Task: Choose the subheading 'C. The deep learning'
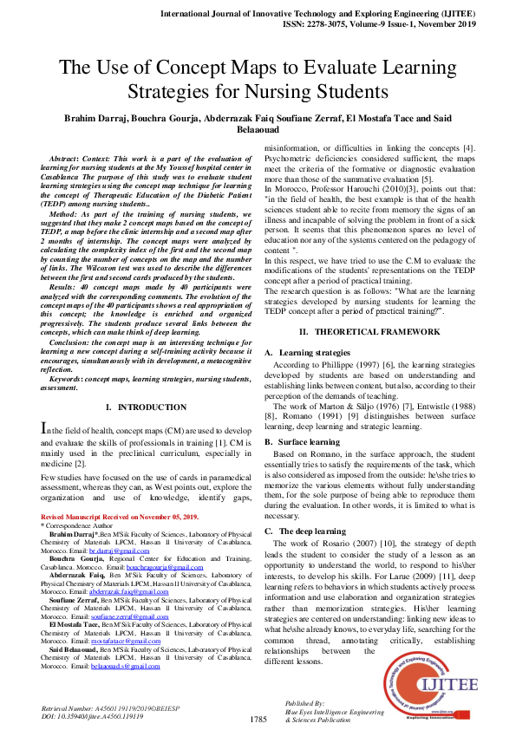[305, 530]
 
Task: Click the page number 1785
[258, 720]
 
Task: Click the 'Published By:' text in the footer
[304, 703]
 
